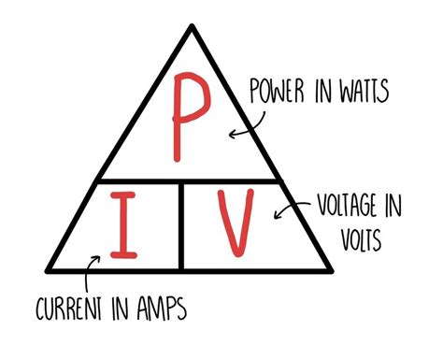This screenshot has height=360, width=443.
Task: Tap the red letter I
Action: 119,225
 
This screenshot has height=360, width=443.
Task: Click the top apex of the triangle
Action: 193,26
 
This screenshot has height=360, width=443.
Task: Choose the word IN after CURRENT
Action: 120,307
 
